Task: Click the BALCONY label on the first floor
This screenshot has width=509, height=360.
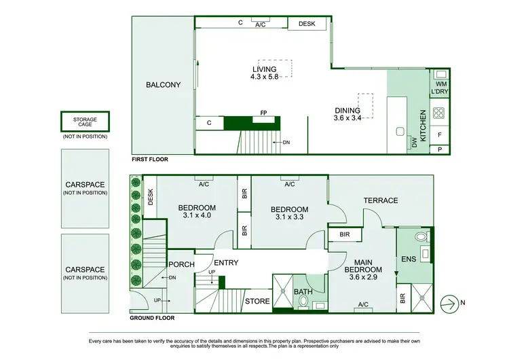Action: coord(163,85)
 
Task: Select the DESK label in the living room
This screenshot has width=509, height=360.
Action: coord(307,24)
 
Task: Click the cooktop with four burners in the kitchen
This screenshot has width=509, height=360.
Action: coord(438,113)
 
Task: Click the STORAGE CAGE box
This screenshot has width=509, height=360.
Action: coord(85,122)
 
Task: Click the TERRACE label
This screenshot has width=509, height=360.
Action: coord(380,200)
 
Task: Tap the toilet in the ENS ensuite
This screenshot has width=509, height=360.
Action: coord(421,237)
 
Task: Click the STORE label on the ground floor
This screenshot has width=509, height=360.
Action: coord(257,302)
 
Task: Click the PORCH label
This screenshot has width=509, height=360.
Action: coord(181,265)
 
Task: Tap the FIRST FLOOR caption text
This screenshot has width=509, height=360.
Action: coord(149,160)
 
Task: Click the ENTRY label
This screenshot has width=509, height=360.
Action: coord(227,263)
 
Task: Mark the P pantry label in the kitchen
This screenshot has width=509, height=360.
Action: coord(438,149)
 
